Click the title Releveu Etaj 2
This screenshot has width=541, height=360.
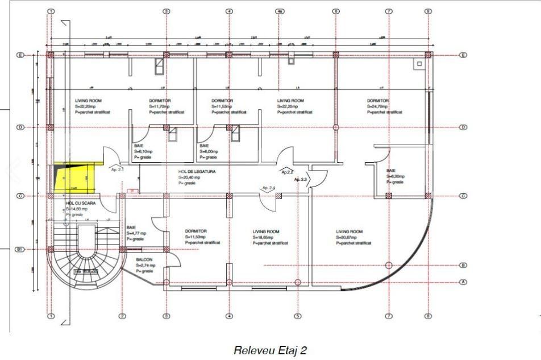pos(270,350)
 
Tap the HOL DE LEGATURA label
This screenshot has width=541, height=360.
pos(197,171)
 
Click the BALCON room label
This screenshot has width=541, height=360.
pos(144,259)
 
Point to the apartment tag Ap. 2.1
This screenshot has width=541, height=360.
pos(117,169)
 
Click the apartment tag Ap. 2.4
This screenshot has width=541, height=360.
pos(268,188)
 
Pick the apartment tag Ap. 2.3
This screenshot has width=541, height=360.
pos(300,179)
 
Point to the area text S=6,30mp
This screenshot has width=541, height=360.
pos(395,176)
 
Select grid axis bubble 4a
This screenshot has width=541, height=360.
pos(279,11)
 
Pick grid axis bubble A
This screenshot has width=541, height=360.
pos(463,282)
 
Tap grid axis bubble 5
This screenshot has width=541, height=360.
pos(297,316)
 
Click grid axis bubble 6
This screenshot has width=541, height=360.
pos(335,11)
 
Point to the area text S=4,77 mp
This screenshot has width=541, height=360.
pos(136,233)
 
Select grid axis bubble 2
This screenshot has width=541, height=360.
pos(122,316)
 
